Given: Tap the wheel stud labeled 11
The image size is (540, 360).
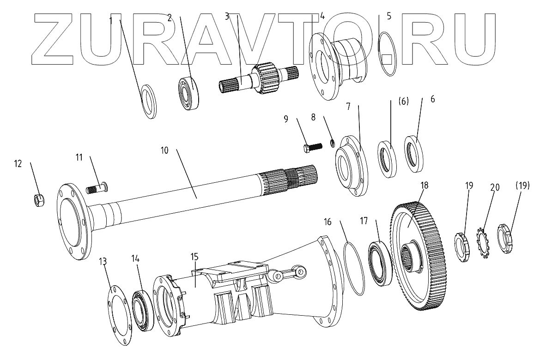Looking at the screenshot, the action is [x=97, y=188].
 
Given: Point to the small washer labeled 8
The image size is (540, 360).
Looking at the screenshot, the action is [x=332, y=142].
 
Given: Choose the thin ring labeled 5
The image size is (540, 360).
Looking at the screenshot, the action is [x=388, y=53].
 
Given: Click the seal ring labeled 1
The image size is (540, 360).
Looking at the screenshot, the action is [x=148, y=101].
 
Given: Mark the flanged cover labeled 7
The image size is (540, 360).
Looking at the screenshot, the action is [x=351, y=164].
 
